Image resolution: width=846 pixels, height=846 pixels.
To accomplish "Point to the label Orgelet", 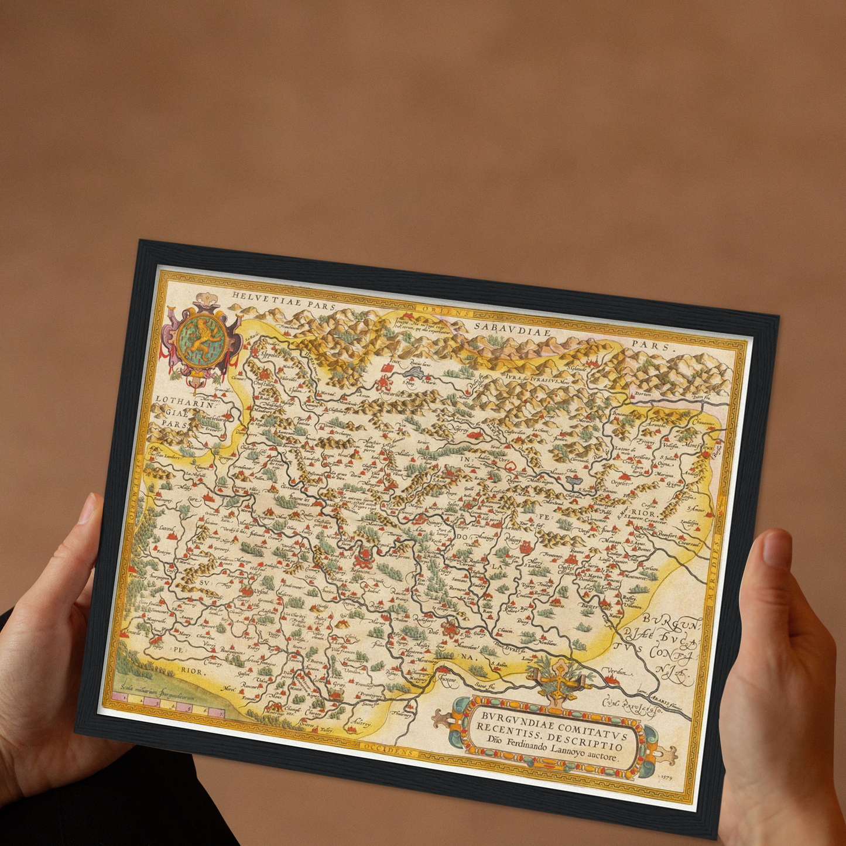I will [620, 483].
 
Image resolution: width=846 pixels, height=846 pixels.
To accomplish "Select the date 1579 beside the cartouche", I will [666, 776].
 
